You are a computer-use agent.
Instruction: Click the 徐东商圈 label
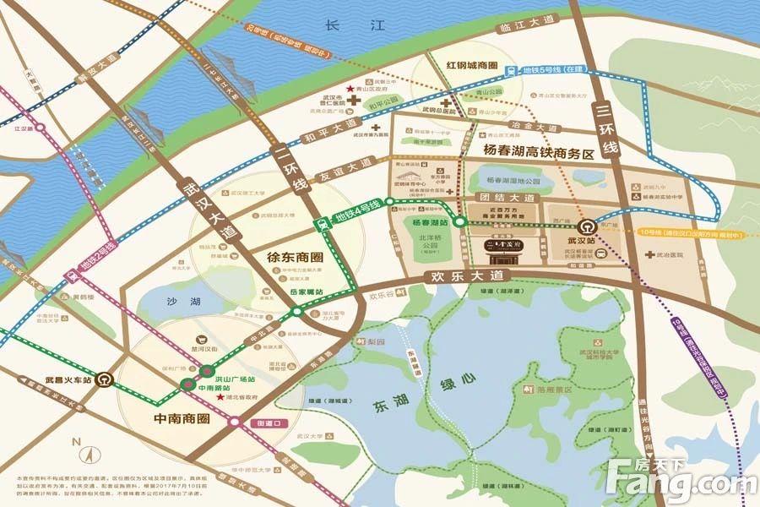tap(276, 253)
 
